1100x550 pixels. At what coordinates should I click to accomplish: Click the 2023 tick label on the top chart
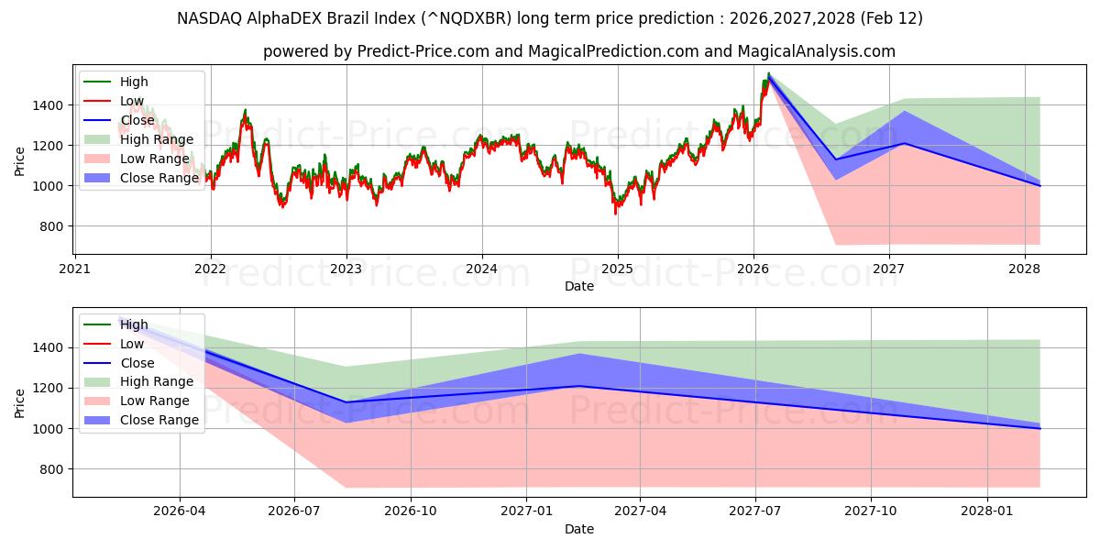pos(346,269)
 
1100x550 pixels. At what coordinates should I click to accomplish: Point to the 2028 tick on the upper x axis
pos(1024,269)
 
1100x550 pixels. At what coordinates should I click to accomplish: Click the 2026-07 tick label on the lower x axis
pos(294,511)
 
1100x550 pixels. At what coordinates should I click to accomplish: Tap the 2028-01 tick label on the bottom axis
pos(988,511)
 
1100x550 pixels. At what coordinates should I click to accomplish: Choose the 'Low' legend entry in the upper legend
pos(132,101)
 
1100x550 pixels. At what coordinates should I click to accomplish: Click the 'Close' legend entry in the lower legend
pos(137,363)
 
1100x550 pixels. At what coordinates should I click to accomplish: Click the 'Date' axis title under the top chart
pos(579,286)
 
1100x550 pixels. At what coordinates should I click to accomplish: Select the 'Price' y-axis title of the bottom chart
pos(20,402)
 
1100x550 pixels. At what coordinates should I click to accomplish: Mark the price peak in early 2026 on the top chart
pos(768,74)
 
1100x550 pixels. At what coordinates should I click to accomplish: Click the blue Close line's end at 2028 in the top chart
pos(1039,185)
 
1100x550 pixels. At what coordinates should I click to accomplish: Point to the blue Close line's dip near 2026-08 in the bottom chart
pos(346,402)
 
